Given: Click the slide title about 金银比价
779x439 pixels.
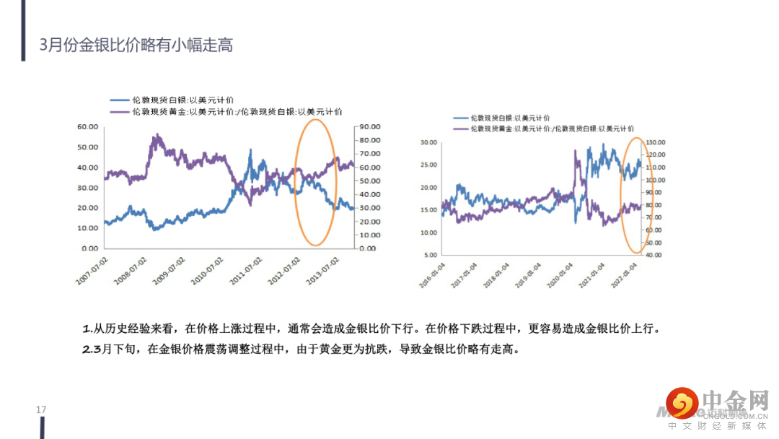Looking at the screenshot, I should [x=137, y=45].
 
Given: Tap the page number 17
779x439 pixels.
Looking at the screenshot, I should [x=41, y=410].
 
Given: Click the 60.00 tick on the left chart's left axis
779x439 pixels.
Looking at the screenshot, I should [x=87, y=127].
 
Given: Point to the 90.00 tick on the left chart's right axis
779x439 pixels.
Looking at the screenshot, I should [x=370, y=127].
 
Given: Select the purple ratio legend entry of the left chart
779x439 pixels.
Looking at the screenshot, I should [x=226, y=112].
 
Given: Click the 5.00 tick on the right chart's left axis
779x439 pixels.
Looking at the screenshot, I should [x=430, y=255].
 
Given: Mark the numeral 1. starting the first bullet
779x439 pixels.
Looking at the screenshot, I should [x=88, y=329].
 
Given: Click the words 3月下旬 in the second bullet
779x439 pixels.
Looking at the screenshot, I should [x=118, y=349].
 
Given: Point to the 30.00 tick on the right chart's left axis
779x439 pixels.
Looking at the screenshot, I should [x=428, y=142].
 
